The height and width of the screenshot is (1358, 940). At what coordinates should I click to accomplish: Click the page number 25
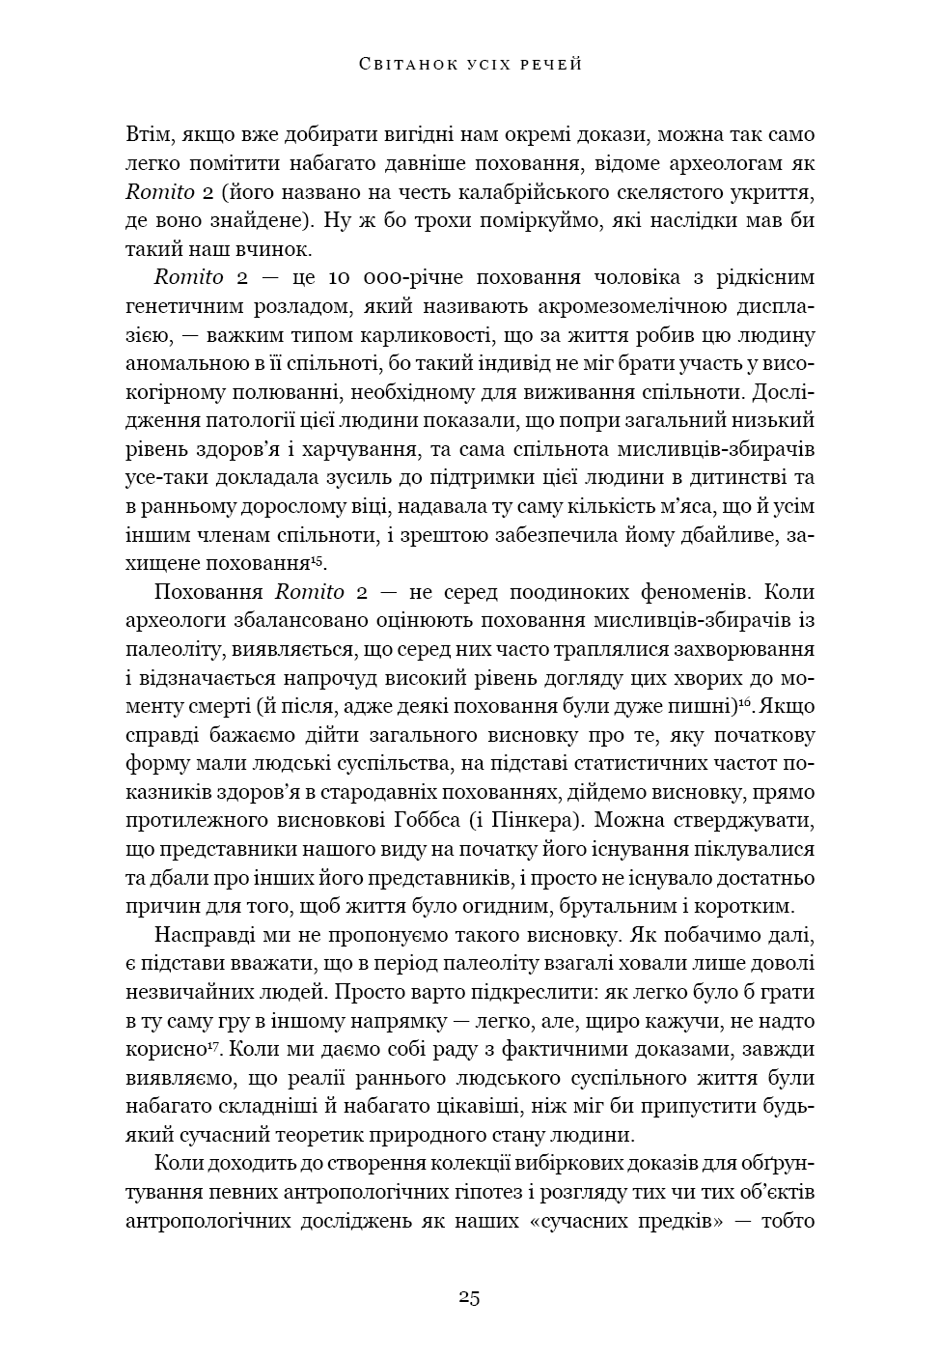point(469,1297)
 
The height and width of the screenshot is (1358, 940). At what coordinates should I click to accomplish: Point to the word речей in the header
point(549,65)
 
